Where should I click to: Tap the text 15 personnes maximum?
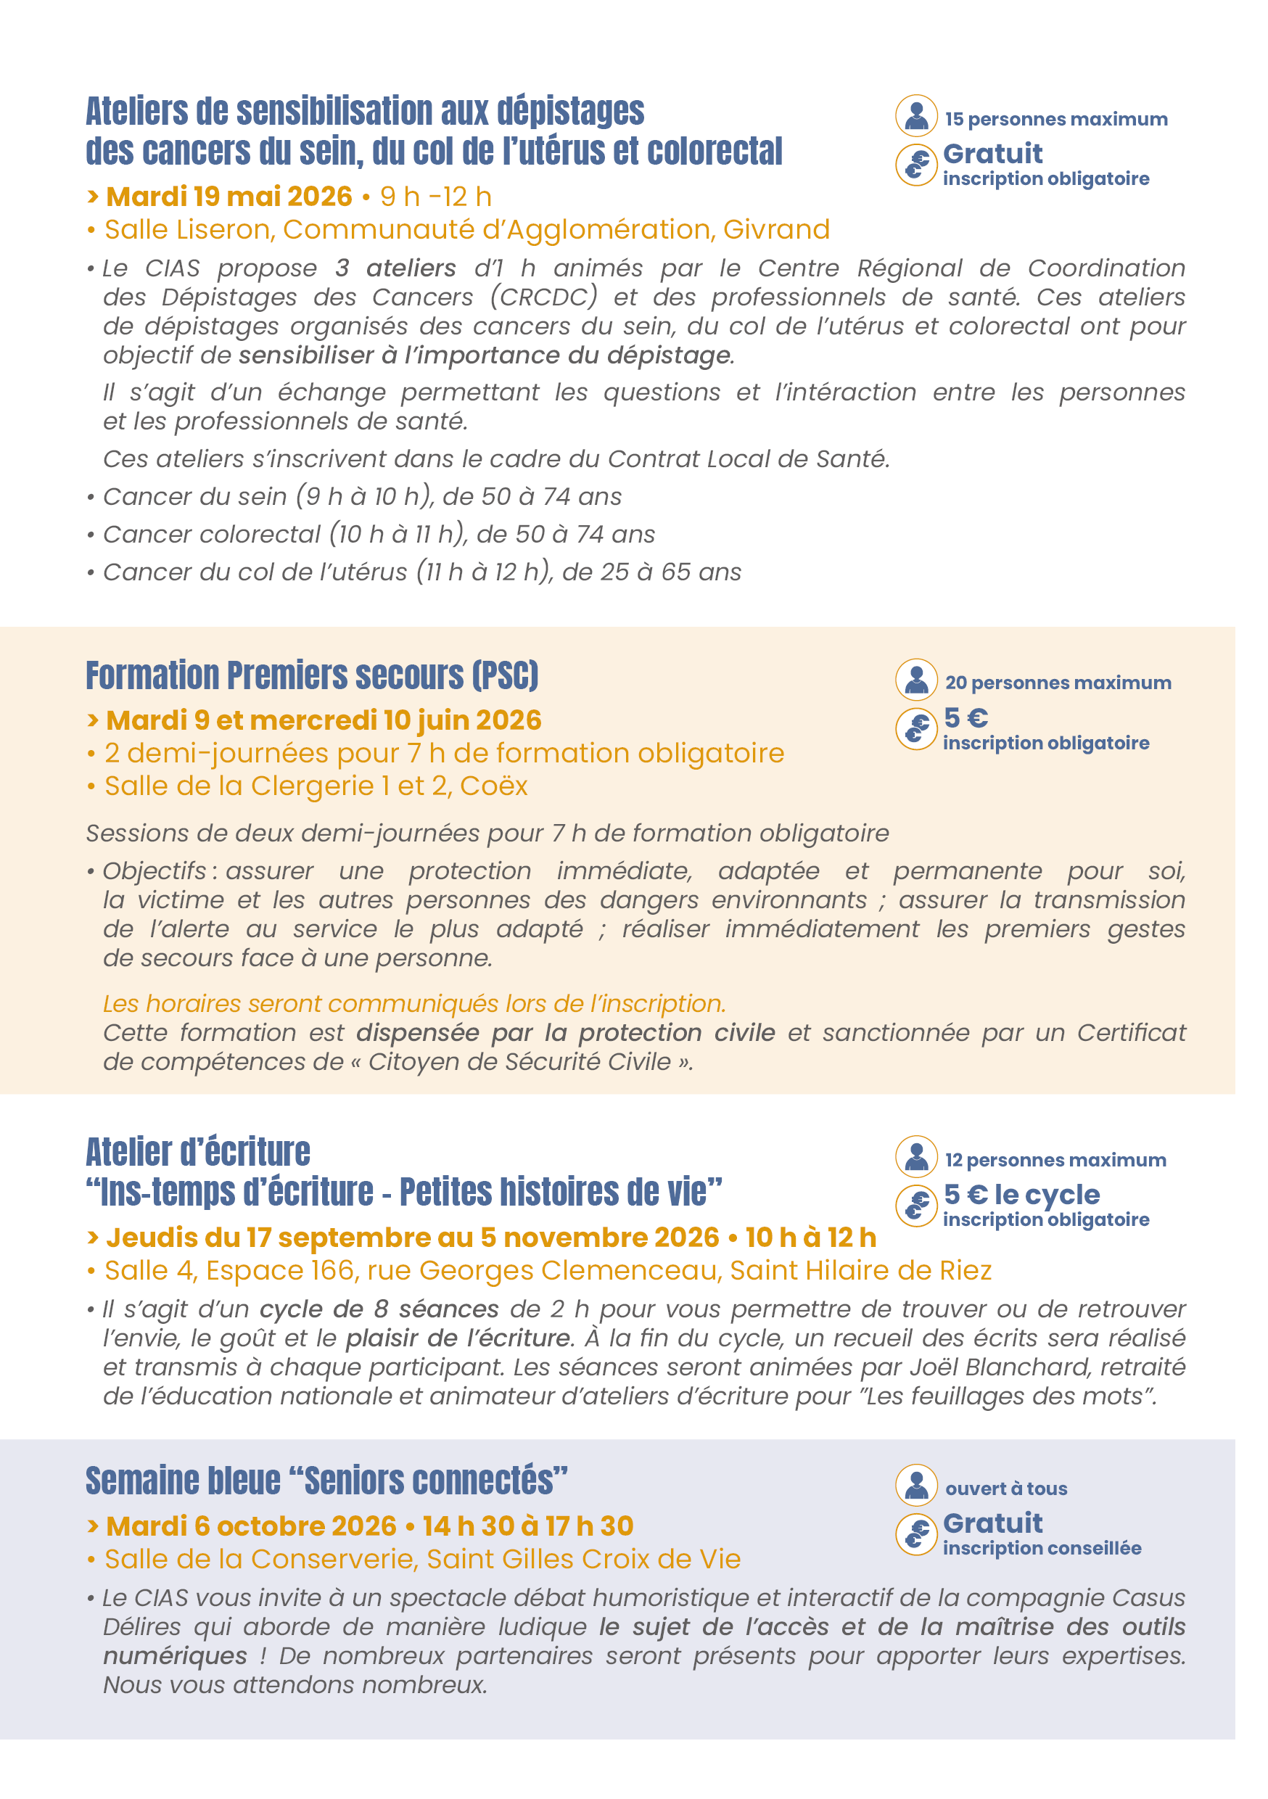pyautogui.click(x=1055, y=119)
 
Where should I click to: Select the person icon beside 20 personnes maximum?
pyautogui.click(x=916, y=679)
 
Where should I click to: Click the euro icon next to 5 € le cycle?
pyautogui.click(x=916, y=1205)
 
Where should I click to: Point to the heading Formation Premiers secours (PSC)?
pyautogui.click(x=312, y=675)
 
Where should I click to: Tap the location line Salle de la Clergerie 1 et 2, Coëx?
pyautogui.click(x=316, y=786)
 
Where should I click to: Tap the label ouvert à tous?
pyautogui.click(x=1006, y=1489)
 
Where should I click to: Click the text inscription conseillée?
pyautogui.click(x=1042, y=1548)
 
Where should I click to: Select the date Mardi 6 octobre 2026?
pyautogui.click(x=251, y=1526)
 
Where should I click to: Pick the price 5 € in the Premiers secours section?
pyautogui.click(x=966, y=717)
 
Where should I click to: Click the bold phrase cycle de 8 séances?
pyautogui.click(x=379, y=1309)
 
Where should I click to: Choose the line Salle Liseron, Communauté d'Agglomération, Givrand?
pyautogui.click(x=467, y=229)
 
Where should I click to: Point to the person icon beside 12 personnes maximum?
pyautogui.click(x=916, y=1156)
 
